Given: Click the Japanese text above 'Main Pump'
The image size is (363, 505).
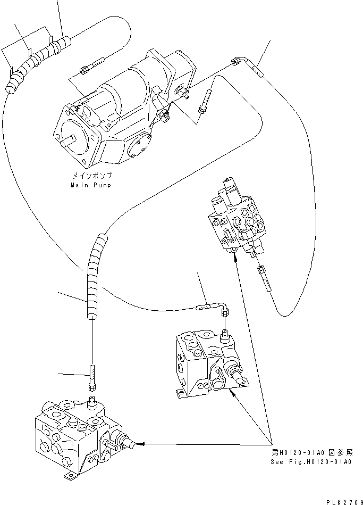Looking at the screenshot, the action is click(x=92, y=176).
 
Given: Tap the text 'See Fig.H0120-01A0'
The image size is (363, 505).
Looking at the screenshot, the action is click(x=310, y=462).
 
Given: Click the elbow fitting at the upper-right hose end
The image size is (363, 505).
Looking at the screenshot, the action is click(x=246, y=60).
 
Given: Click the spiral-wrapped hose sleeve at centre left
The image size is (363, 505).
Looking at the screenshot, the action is click(x=94, y=277).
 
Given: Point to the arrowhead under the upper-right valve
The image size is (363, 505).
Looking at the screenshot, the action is click(x=235, y=256).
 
